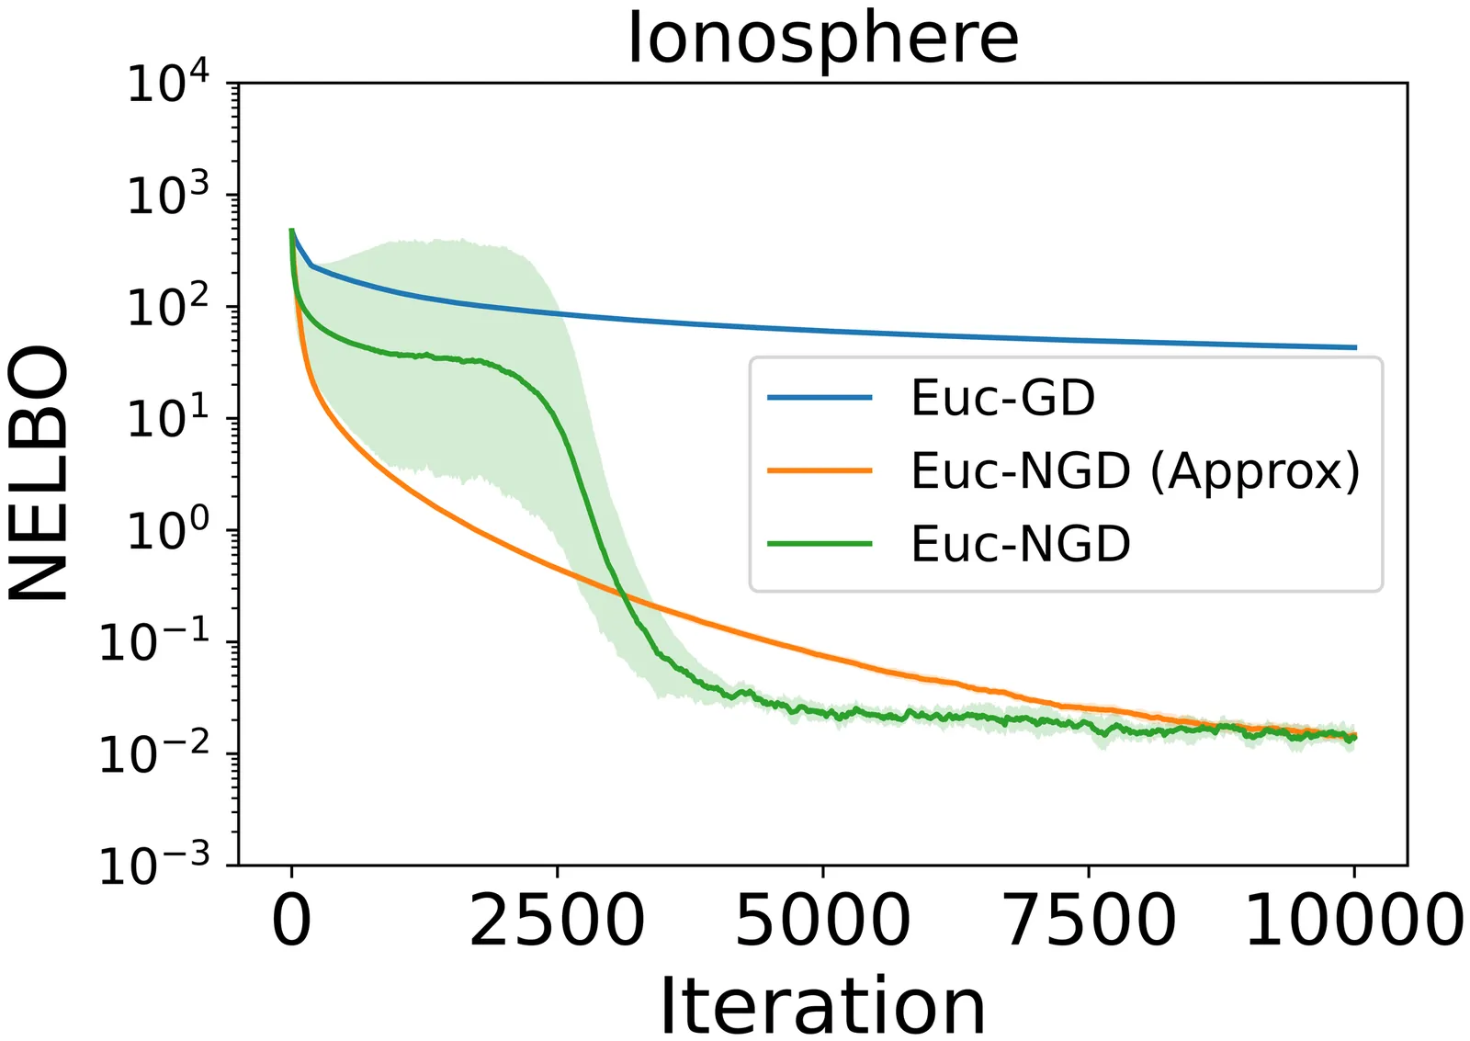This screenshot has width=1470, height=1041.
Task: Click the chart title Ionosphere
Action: pyautogui.click(x=822, y=39)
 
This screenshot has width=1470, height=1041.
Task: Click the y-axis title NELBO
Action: pyautogui.click(x=40, y=473)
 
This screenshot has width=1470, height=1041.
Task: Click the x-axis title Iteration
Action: pyautogui.click(x=822, y=1006)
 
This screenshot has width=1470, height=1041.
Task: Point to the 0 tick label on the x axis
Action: pyautogui.click(x=291, y=921)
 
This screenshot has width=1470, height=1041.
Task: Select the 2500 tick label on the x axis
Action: pyautogui.click(x=557, y=921)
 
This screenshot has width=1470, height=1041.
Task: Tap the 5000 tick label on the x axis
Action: pyautogui.click(x=822, y=921)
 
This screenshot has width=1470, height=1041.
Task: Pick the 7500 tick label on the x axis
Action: pyautogui.click(x=1088, y=921)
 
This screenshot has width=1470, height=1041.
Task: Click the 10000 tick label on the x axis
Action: pyautogui.click(x=1353, y=921)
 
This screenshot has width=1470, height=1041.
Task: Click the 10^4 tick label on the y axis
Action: pyautogui.click(x=167, y=85)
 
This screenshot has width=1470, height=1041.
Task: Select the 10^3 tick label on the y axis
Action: pyautogui.click(x=167, y=196)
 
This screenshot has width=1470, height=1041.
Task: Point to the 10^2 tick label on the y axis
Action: pyautogui.click(x=167, y=308)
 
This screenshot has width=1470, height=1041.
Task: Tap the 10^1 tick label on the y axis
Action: pyautogui.click(x=167, y=419)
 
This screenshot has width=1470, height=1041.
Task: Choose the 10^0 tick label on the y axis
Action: pyautogui.click(x=167, y=531)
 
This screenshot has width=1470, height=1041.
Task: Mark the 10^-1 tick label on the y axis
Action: pyautogui.click(x=154, y=642)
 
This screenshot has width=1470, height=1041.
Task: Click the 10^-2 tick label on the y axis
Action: pyautogui.click(x=154, y=754)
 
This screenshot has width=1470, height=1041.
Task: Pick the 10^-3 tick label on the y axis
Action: pyautogui.click(x=154, y=866)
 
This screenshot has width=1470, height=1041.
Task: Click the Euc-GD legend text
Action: pyautogui.click(x=1002, y=398)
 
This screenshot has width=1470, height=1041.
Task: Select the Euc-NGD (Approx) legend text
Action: pyautogui.click(x=1135, y=471)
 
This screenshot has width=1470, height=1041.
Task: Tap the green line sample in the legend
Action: pyautogui.click(x=820, y=544)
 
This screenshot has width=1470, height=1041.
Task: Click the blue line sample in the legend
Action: pyautogui.click(x=820, y=398)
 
